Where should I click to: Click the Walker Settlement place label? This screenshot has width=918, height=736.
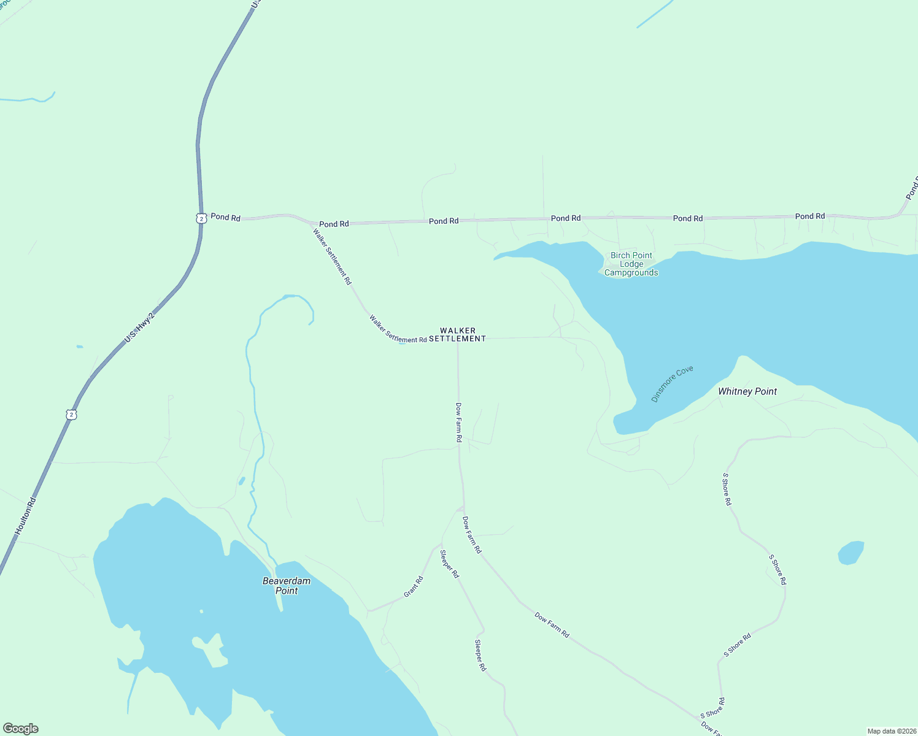[457, 334]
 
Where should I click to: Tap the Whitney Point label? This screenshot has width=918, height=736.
[747, 391]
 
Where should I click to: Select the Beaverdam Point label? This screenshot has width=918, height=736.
[287, 586]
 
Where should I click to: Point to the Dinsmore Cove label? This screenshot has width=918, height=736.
[673, 384]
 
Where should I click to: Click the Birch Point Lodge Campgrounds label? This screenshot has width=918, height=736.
[631, 264]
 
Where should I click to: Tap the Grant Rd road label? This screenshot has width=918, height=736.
[414, 587]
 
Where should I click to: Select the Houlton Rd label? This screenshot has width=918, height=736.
[26, 516]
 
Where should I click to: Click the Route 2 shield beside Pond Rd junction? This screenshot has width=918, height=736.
[201, 218]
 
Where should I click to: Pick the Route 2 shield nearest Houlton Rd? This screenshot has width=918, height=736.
[72, 415]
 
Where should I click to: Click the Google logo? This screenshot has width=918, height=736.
[20, 729]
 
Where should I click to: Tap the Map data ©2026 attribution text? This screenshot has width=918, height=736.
[890, 731]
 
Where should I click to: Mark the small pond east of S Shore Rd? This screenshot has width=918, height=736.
[851, 552]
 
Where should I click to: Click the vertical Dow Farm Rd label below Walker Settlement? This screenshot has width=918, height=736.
[458, 422]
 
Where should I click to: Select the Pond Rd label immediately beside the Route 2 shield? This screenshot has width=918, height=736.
[226, 217]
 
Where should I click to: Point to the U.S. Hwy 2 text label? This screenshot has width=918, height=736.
[139, 327]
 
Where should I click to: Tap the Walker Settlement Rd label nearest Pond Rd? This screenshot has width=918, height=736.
[332, 256]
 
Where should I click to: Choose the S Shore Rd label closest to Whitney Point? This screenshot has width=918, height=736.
[727, 489]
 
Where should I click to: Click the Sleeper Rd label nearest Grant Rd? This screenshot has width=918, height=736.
[449, 564]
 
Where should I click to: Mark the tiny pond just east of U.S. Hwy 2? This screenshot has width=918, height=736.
[80, 347]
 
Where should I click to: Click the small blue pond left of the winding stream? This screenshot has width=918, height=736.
[242, 481]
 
